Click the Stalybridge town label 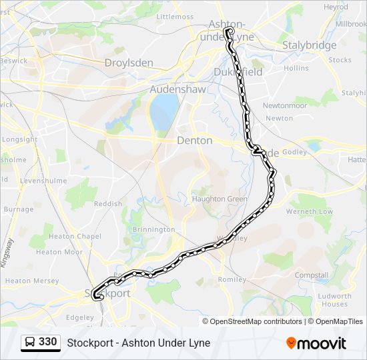[309, 45]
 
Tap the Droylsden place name [129, 63]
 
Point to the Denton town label [195, 141]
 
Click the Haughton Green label [220, 199]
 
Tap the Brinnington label [153, 229]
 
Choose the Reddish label [108, 203]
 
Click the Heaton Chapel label [75, 237]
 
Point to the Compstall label [312, 275]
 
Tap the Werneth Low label [310, 211]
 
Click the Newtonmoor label [284, 105]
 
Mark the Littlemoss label [174, 15]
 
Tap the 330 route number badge [47, 342]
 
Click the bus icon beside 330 [30, 343]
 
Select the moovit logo [316, 343]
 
